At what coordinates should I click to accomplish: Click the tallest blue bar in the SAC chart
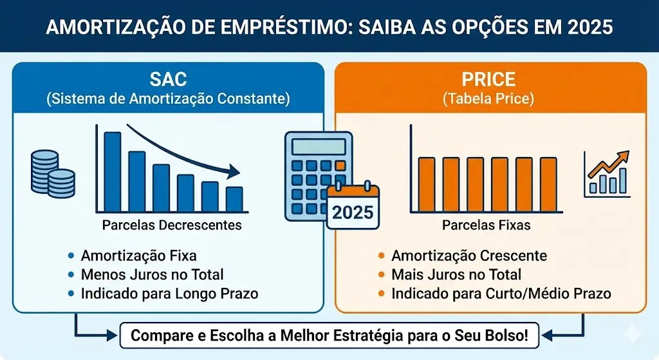tap(112, 171)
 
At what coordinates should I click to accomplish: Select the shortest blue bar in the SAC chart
tap(234, 199)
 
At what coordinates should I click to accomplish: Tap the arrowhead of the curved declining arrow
tap(233, 171)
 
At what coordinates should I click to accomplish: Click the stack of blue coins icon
tap(53, 174)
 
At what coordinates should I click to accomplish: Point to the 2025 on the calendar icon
tap(353, 213)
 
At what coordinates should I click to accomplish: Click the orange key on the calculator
tap(340, 166)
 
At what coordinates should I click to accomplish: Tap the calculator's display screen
tap(319, 147)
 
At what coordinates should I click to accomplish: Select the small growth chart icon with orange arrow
tap(607, 174)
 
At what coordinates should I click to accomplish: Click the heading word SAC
tap(168, 79)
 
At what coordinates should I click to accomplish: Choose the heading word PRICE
tap(488, 79)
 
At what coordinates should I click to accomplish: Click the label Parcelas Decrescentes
tap(172, 225)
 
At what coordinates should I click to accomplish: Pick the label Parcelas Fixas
tap(487, 225)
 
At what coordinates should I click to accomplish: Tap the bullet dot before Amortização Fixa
tap(71, 255)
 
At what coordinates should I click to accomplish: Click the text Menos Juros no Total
tap(152, 274)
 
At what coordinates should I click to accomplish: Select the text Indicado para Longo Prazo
tap(169, 294)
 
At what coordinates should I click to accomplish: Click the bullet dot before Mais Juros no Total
tap(381, 274)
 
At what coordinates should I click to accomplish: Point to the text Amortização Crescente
tap(469, 256)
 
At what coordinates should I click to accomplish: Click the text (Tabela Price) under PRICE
tap(488, 99)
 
